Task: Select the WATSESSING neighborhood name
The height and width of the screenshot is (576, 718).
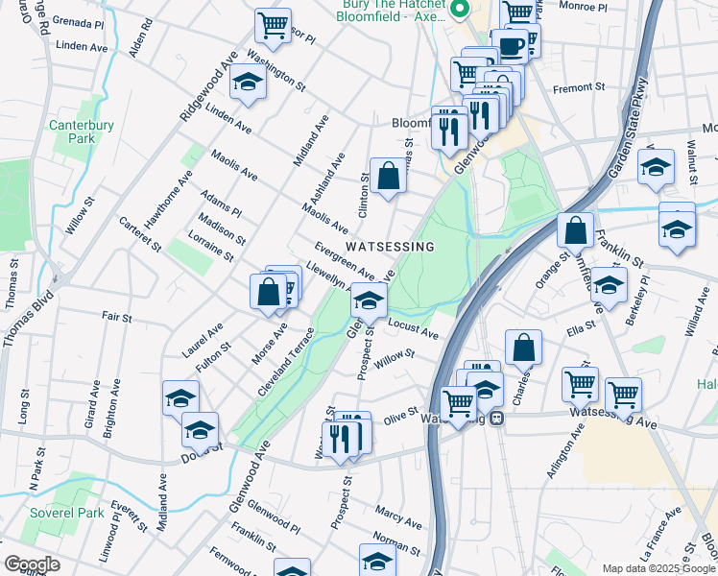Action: point(390,247)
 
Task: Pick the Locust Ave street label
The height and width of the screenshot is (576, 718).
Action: point(414,330)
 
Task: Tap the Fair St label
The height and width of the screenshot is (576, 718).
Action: point(116,316)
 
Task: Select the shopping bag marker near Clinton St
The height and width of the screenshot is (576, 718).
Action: point(389,175)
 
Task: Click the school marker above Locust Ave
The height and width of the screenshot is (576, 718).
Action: point(369,300)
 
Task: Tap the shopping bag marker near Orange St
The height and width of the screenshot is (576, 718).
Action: point(574,229)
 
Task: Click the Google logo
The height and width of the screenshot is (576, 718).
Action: point(31,564)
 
